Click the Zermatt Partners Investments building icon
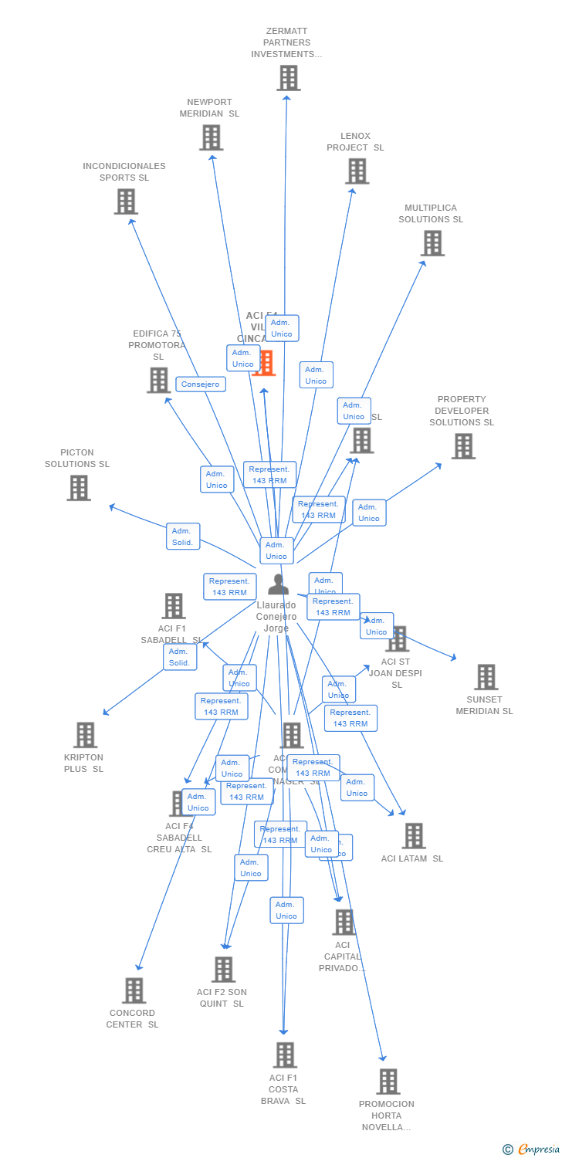point(288,78)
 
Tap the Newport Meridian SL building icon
point(211,137)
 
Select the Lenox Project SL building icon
point(357,171)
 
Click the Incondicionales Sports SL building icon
point(126,201)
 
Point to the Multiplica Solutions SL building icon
point(432,242)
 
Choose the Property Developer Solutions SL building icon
point(463,445)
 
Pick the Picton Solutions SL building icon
point(79,488)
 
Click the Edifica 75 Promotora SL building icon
point(158,380)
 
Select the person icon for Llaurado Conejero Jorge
point(277,585)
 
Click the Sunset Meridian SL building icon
point(486,677)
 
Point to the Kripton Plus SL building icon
point(85,735)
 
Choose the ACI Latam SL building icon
point(414,835)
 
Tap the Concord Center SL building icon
point(134,990)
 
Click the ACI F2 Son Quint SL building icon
point(223,970)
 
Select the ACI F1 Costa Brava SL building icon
point(285,1055)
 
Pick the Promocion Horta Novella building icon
point(388,1082)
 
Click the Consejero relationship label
point(201,384)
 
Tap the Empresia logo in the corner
point(531,1150)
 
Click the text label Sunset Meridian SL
point(484,706)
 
